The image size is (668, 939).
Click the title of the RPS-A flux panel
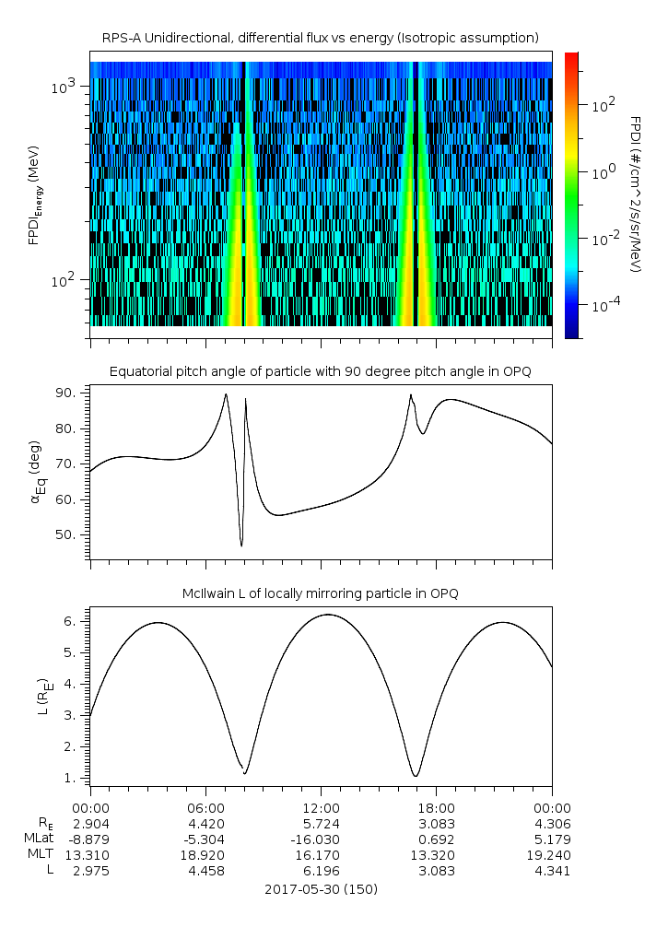[320, 38]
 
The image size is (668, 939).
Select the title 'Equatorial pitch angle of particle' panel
[320, 371]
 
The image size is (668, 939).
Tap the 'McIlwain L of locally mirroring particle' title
[320, 593]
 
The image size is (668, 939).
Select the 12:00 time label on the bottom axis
[321, 806]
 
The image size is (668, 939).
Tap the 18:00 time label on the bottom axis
[436, 806]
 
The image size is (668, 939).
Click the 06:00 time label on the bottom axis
[205, 806]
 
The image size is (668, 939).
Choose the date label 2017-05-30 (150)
[321, 889]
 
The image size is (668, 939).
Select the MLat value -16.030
[321, 839]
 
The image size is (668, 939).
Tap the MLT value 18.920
[205, 855]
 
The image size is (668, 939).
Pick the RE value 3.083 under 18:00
[436, 822]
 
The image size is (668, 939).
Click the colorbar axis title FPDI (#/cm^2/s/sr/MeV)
[635, 194]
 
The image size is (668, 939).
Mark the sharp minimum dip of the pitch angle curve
[241, 546]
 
